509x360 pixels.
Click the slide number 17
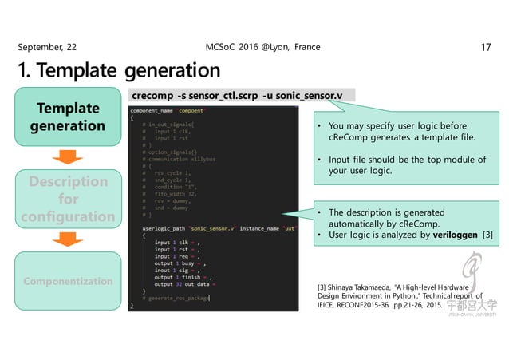point(484,47)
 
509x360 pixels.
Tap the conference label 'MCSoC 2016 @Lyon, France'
point(262,47)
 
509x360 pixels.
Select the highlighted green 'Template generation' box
point(67,117)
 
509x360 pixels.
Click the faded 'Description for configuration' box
point(67,200)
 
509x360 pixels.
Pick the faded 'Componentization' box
point(67,282)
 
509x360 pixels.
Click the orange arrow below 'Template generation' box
point(67,156)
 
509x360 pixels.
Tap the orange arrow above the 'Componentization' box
point(67,240)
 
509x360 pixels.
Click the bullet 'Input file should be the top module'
point(401,165)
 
